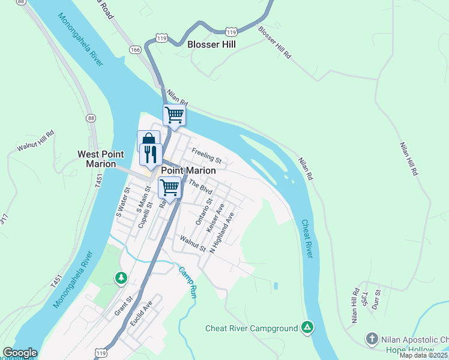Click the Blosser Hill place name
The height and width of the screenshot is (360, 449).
[x=211, y=44]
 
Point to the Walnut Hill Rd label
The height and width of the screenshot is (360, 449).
[x=35, y=140]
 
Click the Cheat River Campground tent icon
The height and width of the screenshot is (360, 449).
[x=307, y=328]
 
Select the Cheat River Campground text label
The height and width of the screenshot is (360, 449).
[x=252, y=328]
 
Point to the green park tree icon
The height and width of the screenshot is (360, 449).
[x=121, y=277]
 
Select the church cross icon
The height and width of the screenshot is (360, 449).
[x=372, y=340]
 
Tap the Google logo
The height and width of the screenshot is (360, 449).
[x=20, y=353]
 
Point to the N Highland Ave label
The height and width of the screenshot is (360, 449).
[x=221, y=230]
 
